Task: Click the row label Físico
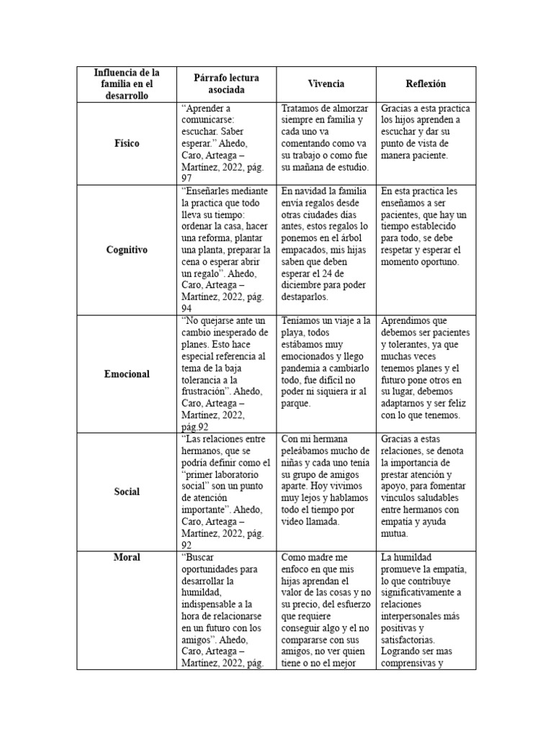(x=126, y=143)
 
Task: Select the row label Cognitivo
(x=126, y=250)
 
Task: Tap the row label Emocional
(x=126, y=374)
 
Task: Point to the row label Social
(x=126, y=492)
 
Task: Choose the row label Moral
(x=126, y=557)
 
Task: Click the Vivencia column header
(x=326, y=84)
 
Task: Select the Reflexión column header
(x=426, y=84)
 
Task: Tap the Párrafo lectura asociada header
(x=226, y=84)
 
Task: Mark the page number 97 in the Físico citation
(x=187, y=178)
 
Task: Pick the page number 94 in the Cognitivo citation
(x=187, y=308)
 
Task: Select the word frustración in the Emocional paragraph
(x=204, y=392)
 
